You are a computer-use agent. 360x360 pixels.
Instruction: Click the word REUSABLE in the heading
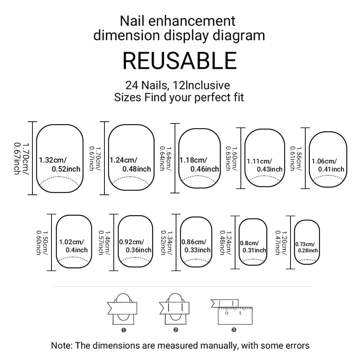click(x=180, y=60)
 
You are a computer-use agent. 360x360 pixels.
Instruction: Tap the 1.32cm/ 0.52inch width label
click(x=60, y=164)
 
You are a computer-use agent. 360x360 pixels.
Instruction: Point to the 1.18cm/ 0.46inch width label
click(x=199, y=164)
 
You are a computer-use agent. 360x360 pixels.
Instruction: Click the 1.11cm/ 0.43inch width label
click(x=265, y=165)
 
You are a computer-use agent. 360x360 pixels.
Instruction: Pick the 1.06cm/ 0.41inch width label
click(x=328, y=165)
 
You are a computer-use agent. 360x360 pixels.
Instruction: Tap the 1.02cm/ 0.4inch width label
click(x=73, y=246)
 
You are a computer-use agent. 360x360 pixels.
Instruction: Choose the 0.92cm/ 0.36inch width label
click(x=135, y=246)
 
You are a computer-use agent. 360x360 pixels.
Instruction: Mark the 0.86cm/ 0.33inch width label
click(x=196, y=246)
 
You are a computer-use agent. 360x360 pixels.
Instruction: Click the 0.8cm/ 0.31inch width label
click(x=253, y=247)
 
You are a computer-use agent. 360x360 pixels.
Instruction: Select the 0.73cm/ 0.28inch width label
click(x=307, y=247)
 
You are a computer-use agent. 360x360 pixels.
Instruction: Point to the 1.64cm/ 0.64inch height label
click(x=165, y=158)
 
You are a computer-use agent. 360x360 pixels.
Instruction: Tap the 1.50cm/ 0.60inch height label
click(x=40, y=242)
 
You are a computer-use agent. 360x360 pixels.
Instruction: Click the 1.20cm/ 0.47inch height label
click(x=280, y=242)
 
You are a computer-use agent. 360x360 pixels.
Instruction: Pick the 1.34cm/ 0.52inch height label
click(x=166, y=242)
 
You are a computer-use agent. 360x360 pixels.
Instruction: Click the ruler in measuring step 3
click(x=234, y=315)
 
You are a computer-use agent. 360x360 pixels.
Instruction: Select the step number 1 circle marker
click(x=123, y=329)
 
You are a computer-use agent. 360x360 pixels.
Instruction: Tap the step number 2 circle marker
click(x=176, y=329)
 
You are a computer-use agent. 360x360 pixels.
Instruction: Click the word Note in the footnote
click(x=62, y=346)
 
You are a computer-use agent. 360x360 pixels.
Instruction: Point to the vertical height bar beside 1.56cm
click(x=306, y=158)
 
